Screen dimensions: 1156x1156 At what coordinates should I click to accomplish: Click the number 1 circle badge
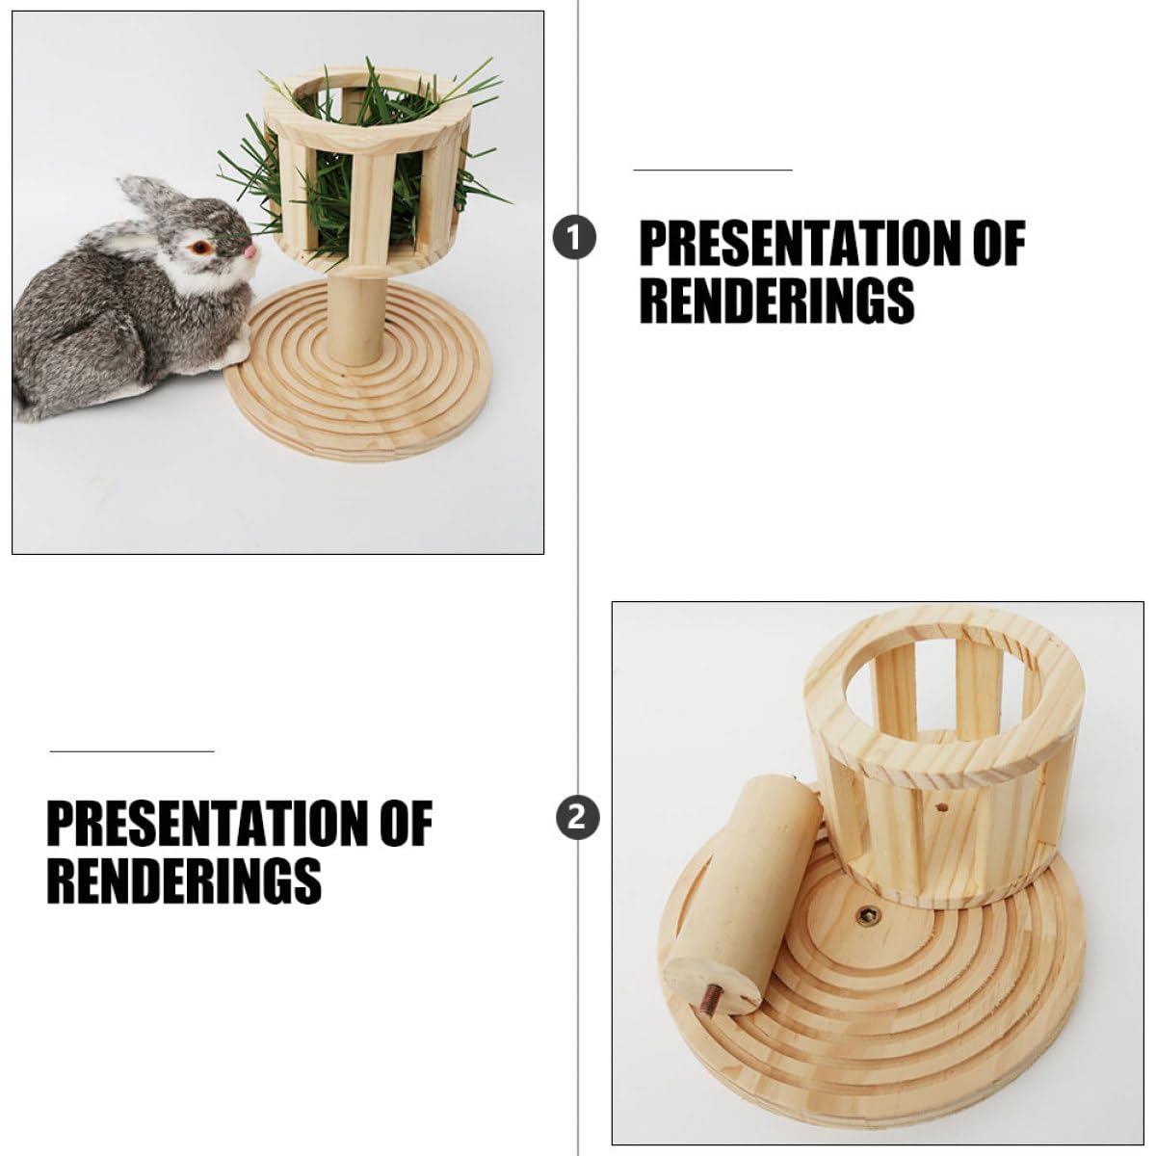574,238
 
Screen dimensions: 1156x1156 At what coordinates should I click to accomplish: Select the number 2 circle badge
577,817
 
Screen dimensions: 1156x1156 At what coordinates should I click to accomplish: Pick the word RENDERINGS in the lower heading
184,880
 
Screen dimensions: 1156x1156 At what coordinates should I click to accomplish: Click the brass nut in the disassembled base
867,933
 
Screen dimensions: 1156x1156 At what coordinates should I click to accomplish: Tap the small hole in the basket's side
942,808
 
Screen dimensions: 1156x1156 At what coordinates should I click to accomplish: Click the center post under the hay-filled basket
355,317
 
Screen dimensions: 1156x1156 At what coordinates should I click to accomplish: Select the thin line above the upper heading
713,170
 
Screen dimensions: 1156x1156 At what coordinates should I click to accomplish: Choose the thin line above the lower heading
132,750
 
